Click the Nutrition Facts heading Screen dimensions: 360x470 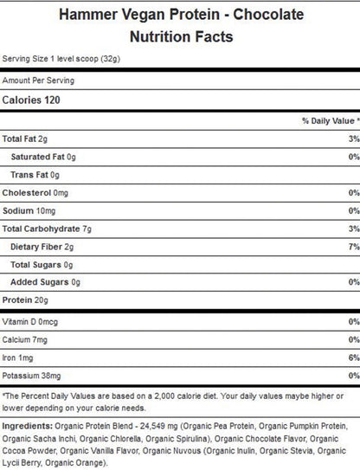click(x=180, y=37)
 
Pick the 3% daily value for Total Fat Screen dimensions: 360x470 click(x=352, y=139)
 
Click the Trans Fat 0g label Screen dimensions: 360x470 click(x=34, y=176)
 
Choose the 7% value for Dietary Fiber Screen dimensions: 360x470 click(x=352, y=247)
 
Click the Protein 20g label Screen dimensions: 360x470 click(x=26, y=300)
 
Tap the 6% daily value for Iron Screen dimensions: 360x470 click(x=352, y=357)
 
